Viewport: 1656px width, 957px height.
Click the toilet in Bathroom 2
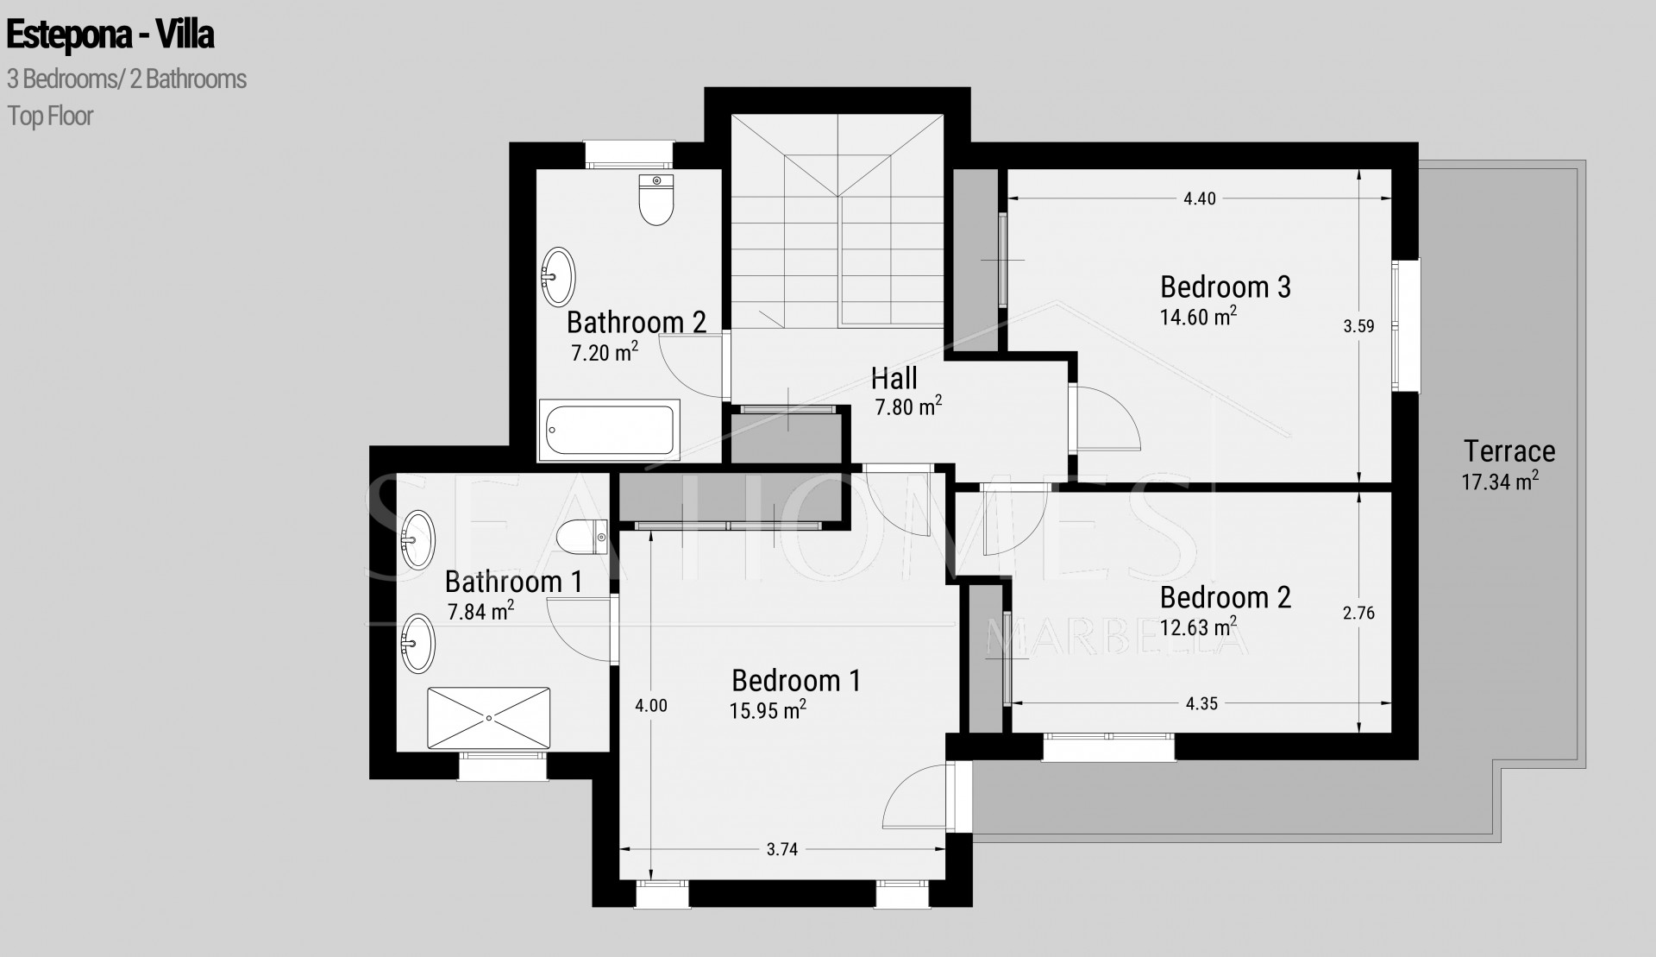point(656,198)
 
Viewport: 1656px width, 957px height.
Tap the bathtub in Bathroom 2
point(609,431)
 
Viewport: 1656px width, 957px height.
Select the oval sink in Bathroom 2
point(559,276)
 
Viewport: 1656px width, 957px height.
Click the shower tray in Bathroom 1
point(488,718)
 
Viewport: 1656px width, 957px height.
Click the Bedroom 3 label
point(1225,286)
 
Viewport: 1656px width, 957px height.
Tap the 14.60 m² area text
point(1198,317)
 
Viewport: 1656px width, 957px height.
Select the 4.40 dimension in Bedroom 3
point(1199,198)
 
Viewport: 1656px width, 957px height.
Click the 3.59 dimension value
point(1358,326)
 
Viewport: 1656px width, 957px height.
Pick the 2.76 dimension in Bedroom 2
point(1358,614)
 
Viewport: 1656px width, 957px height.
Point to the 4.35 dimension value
point(1201,703)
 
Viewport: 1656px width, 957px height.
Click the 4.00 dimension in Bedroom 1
point(651,706)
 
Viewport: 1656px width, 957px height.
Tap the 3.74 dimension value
point(782,849)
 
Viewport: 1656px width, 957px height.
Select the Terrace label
point(1509,451)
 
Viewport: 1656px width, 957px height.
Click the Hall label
point(894,378)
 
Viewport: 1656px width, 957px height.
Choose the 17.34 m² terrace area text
point(1500,482)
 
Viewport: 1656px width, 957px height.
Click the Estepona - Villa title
point(110,36)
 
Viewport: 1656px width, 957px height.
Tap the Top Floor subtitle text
point(50,116)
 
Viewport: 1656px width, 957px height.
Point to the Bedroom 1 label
point(796,681)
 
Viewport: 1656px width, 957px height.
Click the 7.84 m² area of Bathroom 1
point(480,612)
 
